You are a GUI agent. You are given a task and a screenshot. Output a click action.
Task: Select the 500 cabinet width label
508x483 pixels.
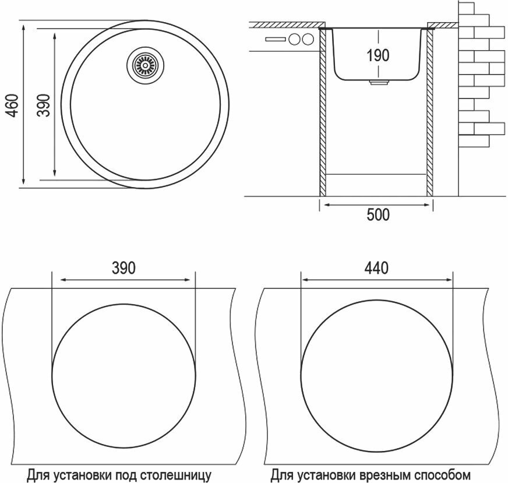378,215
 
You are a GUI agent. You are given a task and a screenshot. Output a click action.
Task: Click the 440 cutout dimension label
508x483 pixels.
377,267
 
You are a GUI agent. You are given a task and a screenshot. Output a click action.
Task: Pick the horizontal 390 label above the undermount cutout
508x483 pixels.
124,267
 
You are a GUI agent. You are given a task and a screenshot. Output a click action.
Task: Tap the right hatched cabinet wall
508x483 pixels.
431,111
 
